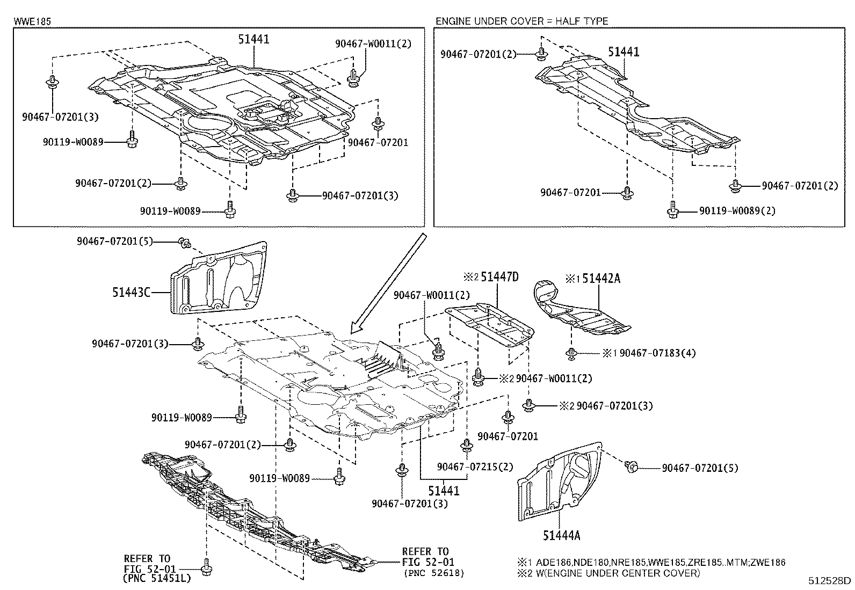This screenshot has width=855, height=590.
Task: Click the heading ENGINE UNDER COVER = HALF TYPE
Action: click(x=521, y=21)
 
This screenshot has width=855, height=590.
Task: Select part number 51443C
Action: click(x=131, y=292)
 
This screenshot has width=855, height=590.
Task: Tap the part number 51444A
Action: click(x=561, y=535)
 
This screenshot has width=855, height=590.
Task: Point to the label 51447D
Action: click(x=499, y=277)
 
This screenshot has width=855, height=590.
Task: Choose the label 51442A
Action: click(x=600, y=278)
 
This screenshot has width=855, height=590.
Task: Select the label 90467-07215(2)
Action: click(x=475, y=467)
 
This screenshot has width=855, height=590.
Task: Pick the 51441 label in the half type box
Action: click(x=624, y=52)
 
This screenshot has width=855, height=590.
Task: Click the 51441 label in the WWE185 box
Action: click(x=253, y=39)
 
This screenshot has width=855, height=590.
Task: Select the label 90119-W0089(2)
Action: click(x=737, y=211)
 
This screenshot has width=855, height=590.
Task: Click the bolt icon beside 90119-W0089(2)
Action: click(x=672, y=209)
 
